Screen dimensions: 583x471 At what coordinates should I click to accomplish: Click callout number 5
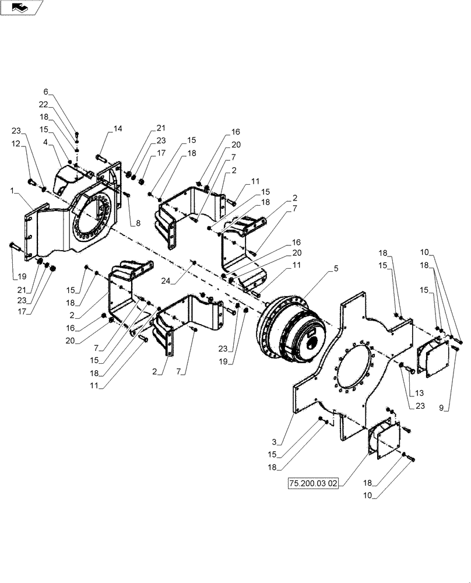point(336,269)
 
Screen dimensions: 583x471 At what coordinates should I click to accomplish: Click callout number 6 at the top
point(46,92)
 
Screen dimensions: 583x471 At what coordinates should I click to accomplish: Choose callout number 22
point(44,104)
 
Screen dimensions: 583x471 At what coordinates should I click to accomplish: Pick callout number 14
point(118,128)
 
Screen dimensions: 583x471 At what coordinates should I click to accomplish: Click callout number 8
point(138,223)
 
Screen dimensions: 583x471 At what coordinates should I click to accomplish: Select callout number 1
point(12,191)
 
